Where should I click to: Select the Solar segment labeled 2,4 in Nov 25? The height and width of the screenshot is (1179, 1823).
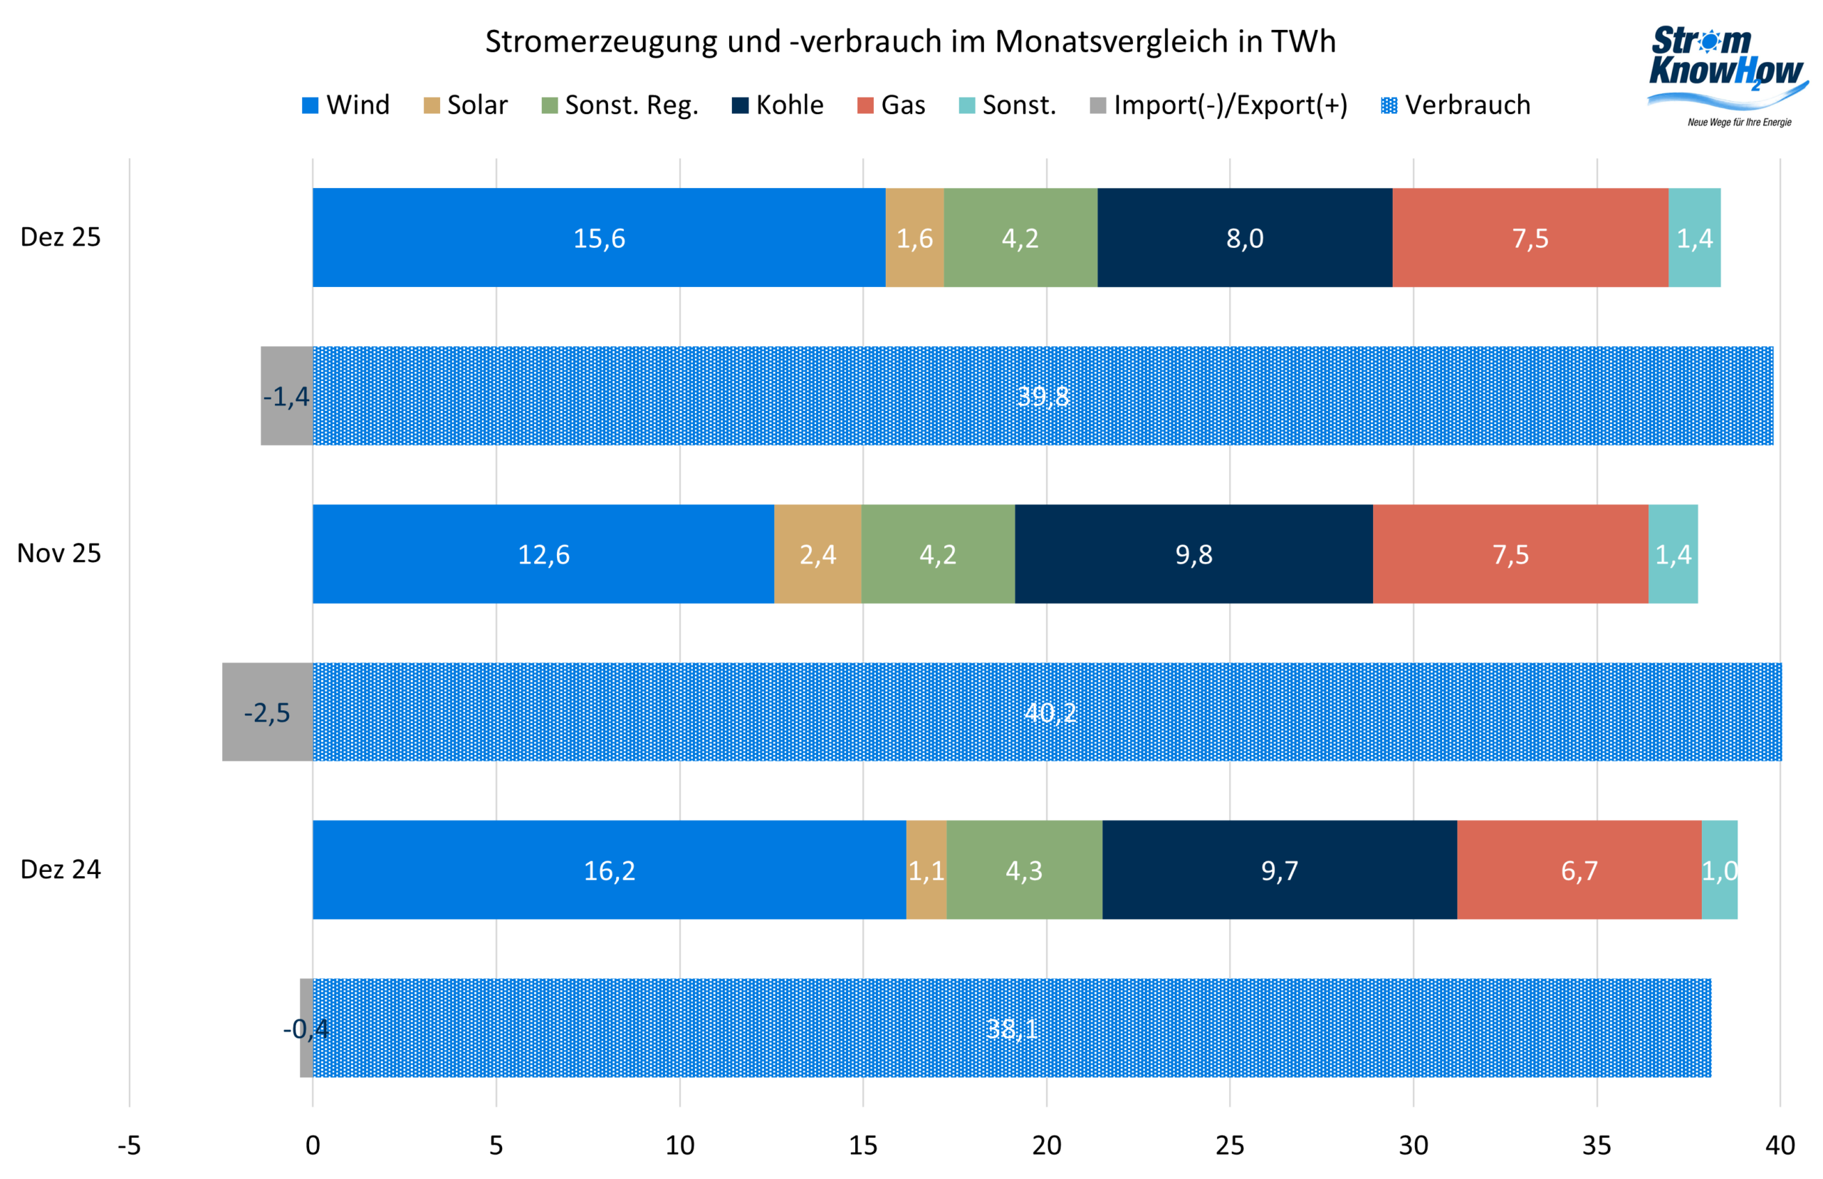(818, 554)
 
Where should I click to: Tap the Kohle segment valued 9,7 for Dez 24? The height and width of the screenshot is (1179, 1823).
(1279, 870)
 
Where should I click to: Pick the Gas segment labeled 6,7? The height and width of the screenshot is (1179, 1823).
(1578, 870)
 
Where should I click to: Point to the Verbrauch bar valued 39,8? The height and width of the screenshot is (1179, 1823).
(1043, 396)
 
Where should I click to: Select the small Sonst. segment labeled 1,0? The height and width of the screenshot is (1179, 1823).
(1719, 870)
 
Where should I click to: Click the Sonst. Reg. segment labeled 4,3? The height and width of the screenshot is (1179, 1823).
(1023, 870)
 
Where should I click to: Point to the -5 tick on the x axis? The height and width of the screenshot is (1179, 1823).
(129, 1146)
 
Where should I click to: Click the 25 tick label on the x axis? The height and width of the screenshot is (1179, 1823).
(1229, 1146)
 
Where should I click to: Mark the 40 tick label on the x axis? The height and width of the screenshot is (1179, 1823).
(1780, 1146)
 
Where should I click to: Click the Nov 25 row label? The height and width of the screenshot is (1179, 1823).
(59, 553)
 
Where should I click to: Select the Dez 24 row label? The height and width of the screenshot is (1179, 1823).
(60, 869)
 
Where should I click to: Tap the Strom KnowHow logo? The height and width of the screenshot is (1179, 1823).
(1726, 73)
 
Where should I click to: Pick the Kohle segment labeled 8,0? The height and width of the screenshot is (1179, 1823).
(1245, 237)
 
